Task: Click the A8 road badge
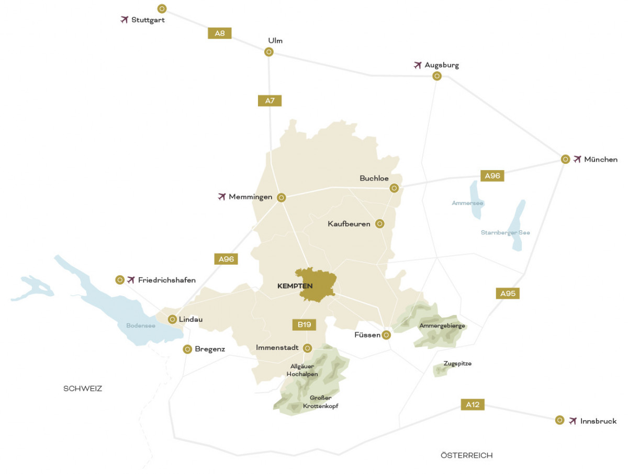(220, 33)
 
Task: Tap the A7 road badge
(270, 100)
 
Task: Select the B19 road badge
(304, 325)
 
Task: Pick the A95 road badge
(508, 294)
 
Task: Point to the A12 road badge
(473, 404)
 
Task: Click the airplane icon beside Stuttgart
(124, 20)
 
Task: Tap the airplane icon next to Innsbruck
(573, 421)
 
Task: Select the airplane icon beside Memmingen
(221, 197)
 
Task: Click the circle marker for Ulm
(268, 52)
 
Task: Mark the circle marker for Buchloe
(394, 188)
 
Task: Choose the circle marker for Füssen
(386, 335)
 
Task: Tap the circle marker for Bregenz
(187, 349)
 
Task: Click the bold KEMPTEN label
(295, 286)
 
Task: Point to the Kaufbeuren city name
(349, 224)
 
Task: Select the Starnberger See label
(505, 233)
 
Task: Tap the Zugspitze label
(457, 363)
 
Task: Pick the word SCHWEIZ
(83, 389)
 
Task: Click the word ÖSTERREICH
(467, 456)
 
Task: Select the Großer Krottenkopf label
(320, 402)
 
